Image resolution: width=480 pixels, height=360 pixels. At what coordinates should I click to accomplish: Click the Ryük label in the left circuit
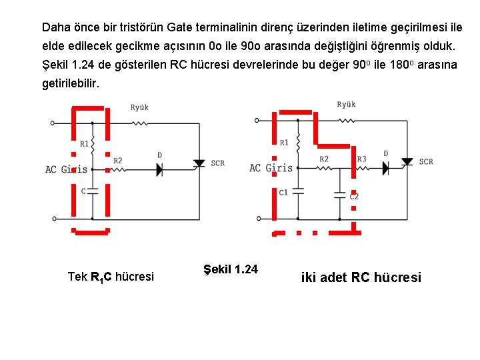pos(139,107)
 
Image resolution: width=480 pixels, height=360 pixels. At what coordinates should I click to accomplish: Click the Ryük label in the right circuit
pos(346,105)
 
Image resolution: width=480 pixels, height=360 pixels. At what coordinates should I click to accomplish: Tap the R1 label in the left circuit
pos(85,143)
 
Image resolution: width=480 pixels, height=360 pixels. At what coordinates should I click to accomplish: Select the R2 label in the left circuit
pos(118,161)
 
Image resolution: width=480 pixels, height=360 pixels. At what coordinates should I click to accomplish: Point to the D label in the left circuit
pos(160,155)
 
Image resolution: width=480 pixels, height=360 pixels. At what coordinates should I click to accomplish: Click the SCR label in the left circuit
pos(218,163)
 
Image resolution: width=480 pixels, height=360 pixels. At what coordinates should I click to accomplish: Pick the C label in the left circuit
pos(83,191)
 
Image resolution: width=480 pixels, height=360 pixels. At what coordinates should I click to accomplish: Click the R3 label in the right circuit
pos(361,159)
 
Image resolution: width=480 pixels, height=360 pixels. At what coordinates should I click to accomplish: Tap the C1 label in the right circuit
pos(283,192)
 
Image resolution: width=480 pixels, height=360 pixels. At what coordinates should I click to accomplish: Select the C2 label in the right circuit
pos(354,197)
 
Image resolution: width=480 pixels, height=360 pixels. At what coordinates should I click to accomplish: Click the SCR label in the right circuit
pos(426,161)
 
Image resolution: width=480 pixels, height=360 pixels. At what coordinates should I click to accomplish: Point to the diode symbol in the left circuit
pos(160,169)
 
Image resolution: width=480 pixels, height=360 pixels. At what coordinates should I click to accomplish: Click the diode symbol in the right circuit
pos(385,167)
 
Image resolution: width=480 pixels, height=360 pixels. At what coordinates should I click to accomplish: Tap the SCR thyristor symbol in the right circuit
pos(406,162)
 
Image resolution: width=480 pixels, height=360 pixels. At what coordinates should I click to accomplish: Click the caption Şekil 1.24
pos(229,269)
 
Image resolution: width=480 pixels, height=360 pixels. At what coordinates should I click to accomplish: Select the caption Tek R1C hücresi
pos(111,277)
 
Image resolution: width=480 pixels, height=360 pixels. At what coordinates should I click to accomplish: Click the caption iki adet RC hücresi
pos(361,277)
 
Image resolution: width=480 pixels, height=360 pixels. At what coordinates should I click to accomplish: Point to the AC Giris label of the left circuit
pos(66,169)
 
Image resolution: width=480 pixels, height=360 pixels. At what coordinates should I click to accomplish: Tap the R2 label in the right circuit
pos(324,159)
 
